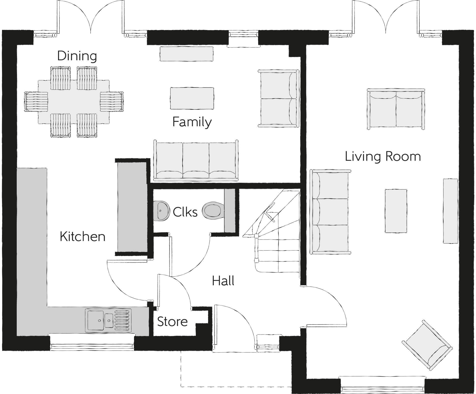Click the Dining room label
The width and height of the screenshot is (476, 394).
click(77, 56)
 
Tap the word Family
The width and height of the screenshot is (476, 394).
click(192, 122)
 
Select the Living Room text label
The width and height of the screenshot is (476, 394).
click(383, 156)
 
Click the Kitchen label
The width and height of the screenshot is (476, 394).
click(82, 236)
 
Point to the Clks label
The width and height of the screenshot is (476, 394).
click(185, 212)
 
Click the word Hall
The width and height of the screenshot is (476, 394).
click(223, 281)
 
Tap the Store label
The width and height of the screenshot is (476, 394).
click(172, 322)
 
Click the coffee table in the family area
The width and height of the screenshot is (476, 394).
click(192, 98)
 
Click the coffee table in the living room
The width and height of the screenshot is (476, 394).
click(395, 211)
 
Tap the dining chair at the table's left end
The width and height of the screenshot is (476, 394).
click(36, 101)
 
